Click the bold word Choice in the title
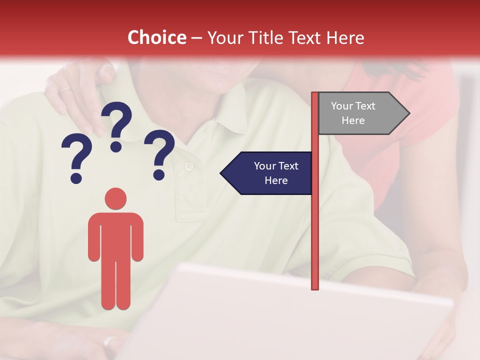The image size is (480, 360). tap(156, 38)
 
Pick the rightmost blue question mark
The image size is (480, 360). tap(159, 153)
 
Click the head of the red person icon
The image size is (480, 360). tap(115, 198)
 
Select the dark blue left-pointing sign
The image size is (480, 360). tap(270, 173)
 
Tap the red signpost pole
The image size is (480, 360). tap(315, 200)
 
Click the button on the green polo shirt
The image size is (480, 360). tap(188, 166)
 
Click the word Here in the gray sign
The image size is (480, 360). tap(353, 120)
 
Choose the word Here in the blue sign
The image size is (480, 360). tap(276, 180)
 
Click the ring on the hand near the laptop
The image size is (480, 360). tap(108, 341)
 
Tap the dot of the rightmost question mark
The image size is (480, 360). tap(159, 175)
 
